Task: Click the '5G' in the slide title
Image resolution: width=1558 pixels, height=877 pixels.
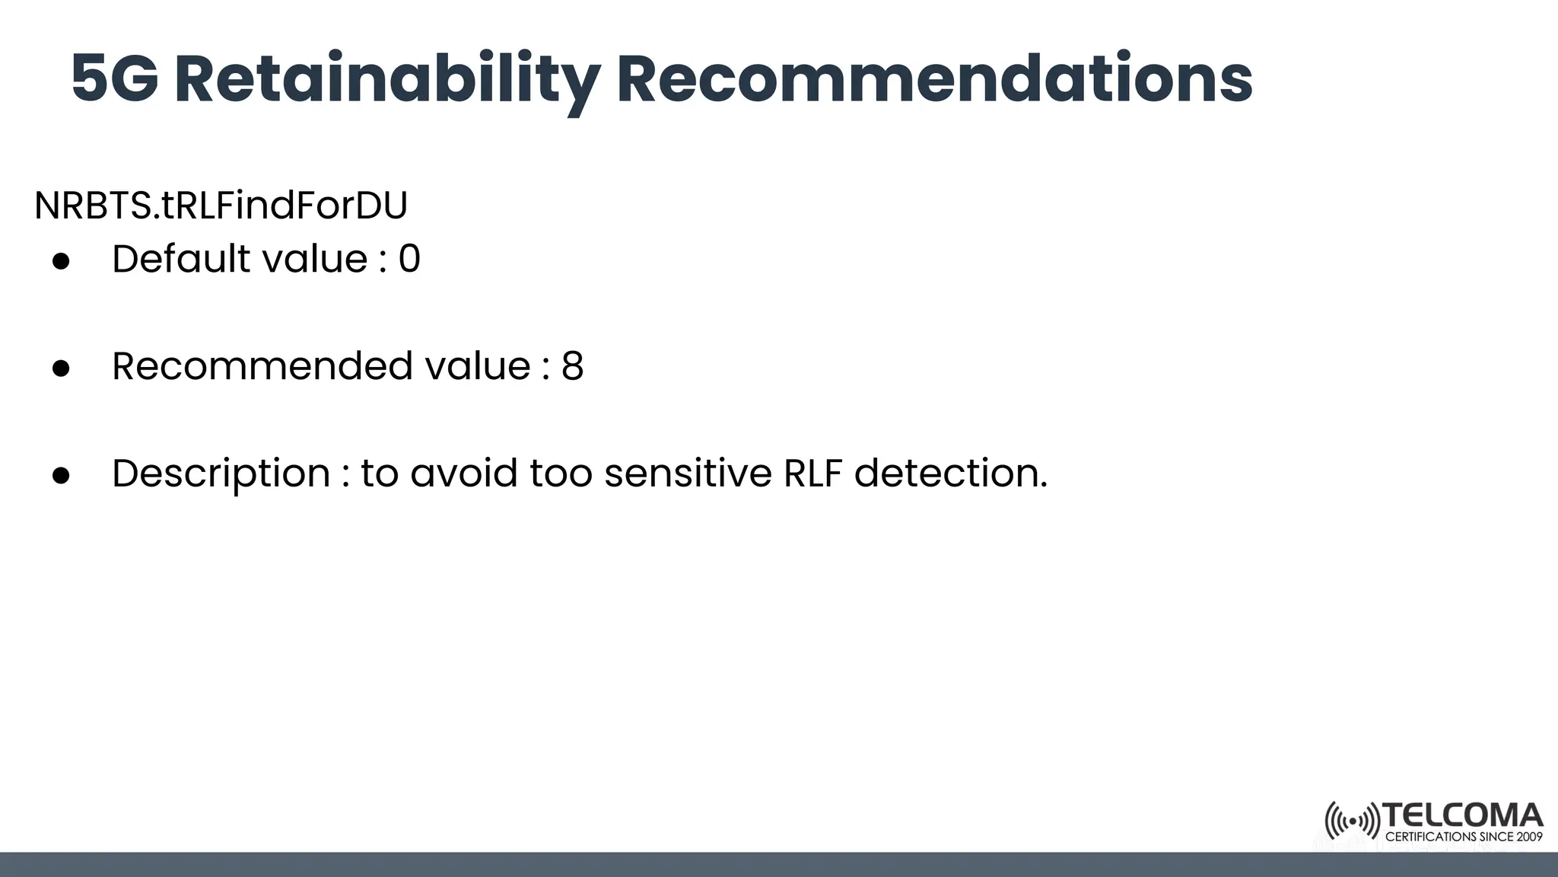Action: tap(114, 79)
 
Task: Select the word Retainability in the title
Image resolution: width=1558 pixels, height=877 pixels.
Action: tap(387, 79)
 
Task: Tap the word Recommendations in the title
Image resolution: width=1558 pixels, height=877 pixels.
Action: tap(933, 79)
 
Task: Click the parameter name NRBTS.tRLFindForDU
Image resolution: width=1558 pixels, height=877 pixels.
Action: tap(221, 206)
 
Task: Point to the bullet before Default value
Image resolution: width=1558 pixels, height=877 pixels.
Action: tap(61, 260)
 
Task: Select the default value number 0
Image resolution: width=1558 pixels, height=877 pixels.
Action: tap(409, 259)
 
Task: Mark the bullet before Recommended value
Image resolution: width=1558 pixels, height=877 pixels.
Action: tap(61, 368)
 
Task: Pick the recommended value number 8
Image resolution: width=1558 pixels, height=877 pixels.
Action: tap(572, 366)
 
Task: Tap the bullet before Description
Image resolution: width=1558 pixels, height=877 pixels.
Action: tap(61, 475)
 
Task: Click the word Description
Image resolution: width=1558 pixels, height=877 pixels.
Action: tap(221, 474)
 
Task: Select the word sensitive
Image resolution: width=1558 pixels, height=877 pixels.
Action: tap(688, 474)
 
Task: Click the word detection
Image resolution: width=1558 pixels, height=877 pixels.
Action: tap(950, 474)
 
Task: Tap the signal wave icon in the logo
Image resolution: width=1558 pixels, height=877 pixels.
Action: tap(1352, 821)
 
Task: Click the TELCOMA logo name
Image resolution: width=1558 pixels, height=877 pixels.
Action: tap(1463, 816)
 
